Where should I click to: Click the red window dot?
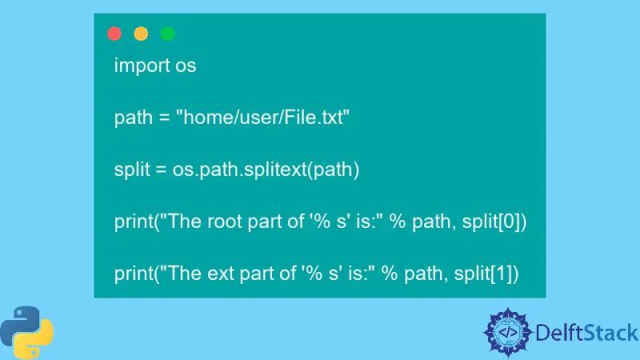pyautogui.click(x=114, y=34)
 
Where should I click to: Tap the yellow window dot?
pyautogui.click(x=141, y=34)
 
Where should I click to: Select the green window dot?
pyautogui.click(x=167, y=34)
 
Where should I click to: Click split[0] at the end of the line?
pyautogui.click(x=497, y=222)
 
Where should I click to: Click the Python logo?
pyautogui.click(x=26, y=330)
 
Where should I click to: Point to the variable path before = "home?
pyautogui.click(x=132, y=118)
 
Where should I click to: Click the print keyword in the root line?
pyautogui.click(x=135, y=222)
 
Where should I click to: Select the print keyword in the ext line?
pyautogui.click(x=135, y=274)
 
